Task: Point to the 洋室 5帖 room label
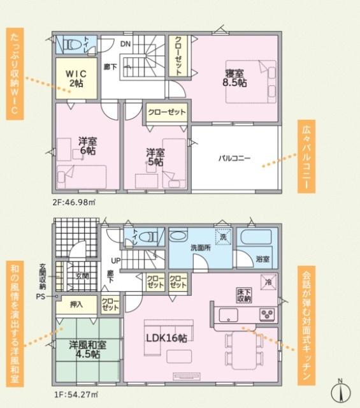(x=154, y=157)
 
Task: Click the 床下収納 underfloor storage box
(x=243, y=295)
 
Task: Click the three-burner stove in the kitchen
(x=266, y=314)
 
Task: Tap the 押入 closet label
(x=76, y=305)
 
